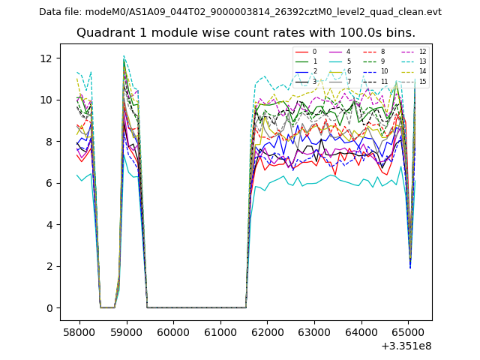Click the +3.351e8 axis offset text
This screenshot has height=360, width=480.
(x=406, y=346)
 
